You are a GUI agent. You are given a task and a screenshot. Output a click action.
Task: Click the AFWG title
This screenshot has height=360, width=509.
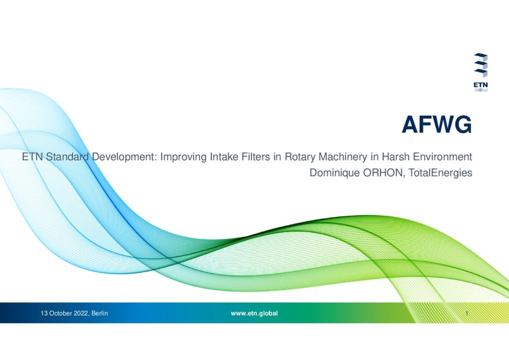click(436, 124)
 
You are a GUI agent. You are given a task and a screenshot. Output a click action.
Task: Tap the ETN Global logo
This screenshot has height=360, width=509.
click(481, 73)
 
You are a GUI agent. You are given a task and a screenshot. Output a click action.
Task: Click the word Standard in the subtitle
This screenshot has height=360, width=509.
click(67, 157)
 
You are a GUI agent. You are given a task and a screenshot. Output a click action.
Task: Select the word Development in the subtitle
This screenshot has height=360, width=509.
click(125, 158)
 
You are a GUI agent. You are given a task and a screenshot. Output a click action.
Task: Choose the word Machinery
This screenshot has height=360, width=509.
click(343, 158)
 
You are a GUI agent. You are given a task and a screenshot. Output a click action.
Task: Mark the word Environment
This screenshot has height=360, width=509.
click(442, 157)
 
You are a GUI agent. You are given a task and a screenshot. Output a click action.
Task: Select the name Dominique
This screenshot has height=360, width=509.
click(335, 173)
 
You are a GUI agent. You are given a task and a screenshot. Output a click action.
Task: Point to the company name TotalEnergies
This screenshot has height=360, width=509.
click(440, 173)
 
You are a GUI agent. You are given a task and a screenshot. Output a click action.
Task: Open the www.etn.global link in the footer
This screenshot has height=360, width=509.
click(254, 313)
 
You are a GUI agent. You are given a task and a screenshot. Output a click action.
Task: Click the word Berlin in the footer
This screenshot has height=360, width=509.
click(99, 313)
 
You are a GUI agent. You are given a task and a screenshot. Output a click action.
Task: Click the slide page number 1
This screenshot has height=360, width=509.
click(467, 313)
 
